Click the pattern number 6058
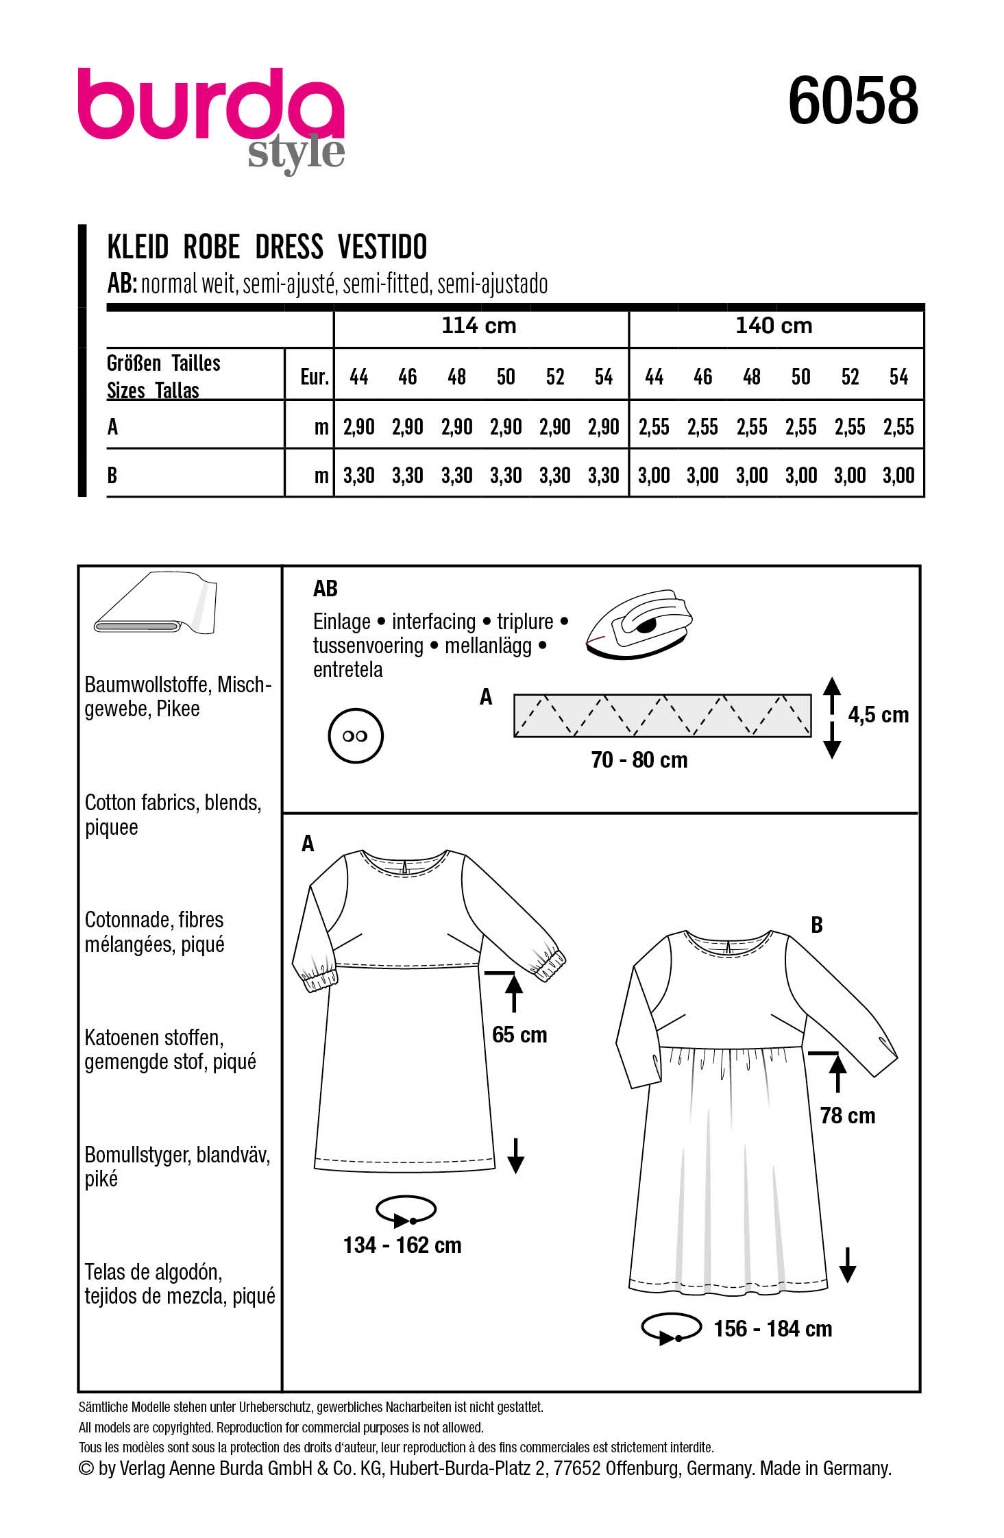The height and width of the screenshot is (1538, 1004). click(x=853, y=101)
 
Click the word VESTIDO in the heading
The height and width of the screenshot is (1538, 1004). click(x=382, y=247)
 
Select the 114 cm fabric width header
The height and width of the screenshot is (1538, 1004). click(x=479, y=326)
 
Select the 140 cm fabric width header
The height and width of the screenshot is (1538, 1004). click(x=774, y=326)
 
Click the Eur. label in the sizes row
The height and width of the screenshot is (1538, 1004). click(x=315, y=377)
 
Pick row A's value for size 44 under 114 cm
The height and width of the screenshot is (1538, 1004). click(x=358, y=427)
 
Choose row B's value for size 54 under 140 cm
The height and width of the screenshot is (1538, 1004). click(x=898, y=476)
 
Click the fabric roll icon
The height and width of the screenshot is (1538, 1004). click(x=156, y=604)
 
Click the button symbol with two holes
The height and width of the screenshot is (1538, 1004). click(x=355, y=736)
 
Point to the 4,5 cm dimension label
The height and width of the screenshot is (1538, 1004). click(x=878, y=715)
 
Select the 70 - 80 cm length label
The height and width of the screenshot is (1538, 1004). click(x=639, y=760)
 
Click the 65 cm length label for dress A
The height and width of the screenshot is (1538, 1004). click(x=519, y=1035)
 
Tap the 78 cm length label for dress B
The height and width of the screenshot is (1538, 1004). click(x=848, y=1116)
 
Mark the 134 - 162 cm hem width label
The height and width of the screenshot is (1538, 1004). click(x=402, y=1245)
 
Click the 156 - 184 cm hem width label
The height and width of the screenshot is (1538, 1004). click(x=772, y=1329)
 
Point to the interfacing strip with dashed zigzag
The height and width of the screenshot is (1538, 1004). click(x=662, y=716)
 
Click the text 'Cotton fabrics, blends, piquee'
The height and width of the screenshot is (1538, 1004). click(x=173, y=815)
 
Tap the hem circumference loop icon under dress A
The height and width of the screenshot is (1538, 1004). click(x=406, y=1211)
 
